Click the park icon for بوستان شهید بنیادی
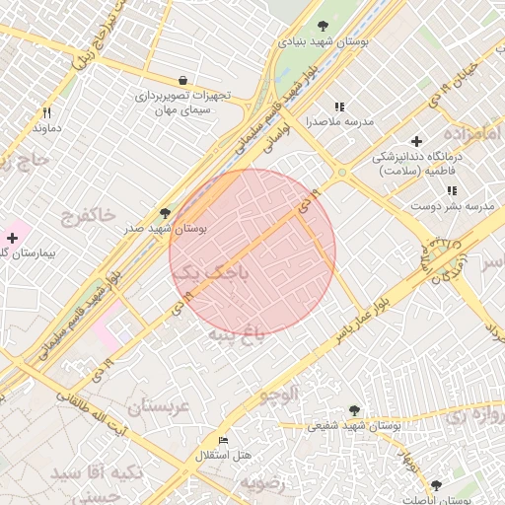click(x=323, y=27)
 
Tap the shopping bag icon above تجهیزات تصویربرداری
click(x=182, y=80)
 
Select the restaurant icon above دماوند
click(x=46, y=113)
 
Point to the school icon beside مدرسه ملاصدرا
click(x=340, y=107)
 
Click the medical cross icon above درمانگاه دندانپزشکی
click(x=417, y=142)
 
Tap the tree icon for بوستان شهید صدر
click(x=165, y=213)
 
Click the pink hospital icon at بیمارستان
click(x=12, y=238)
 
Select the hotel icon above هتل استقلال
click(x=222, y=440)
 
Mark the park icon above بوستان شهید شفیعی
click(x=354, y=410)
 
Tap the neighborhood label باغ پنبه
click(x=236, y=335)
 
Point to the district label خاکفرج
click(x=88, y=214)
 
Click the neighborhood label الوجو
click(x=277, y=396)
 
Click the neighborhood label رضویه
click(x=263, y=484)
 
